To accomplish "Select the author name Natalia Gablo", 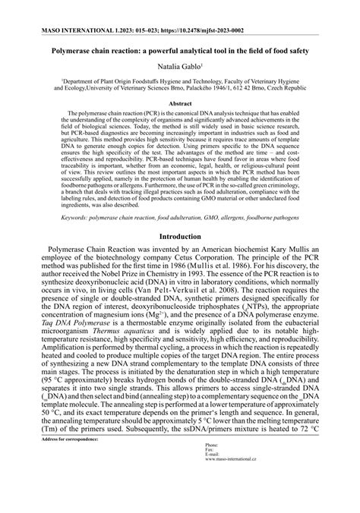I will [178, 68].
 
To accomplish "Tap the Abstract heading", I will [179, 102].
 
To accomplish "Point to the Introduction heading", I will [179, 237].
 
